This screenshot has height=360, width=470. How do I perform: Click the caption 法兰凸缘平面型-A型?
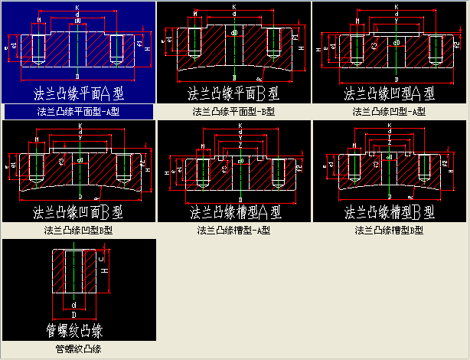pyautogui.click(x=79, y=112)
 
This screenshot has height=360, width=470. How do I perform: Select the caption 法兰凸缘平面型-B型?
pyautogui.click(x=233, y=112)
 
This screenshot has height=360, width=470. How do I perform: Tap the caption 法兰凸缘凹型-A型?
pyautogui.click(x=388, y=112)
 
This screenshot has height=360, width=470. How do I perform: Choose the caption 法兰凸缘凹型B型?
pyautogui.click(x=79, y=230)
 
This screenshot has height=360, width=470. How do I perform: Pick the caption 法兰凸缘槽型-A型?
pyautogui.click(x=234, y=230)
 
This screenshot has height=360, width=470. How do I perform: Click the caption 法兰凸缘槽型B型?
pyautogui.click(x=390, y=230)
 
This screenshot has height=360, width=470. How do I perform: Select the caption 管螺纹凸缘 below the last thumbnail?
pyautogui.click(x=79, y=349)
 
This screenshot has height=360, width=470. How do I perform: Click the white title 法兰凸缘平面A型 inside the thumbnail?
pyautogui.click(x=79, y=93)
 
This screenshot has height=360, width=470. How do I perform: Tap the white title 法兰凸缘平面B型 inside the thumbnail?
pyautogui.click(x=233, y=94)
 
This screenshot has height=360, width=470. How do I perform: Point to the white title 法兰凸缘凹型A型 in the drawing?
pyautogui.click(x=390, y=94)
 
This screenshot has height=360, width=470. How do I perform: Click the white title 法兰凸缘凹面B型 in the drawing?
pyautogui.click(x=79, y=211)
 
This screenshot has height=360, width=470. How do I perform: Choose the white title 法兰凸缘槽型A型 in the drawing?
pyautogui.click(x=234, y=211)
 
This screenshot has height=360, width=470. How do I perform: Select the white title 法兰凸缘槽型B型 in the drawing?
pyautogui.click(x=390, y=211)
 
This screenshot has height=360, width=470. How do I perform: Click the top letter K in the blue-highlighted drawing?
pyautogui.click(x=77, y=8)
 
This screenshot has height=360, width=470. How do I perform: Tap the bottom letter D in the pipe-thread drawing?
pyautogui.click(x=73, y=314)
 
